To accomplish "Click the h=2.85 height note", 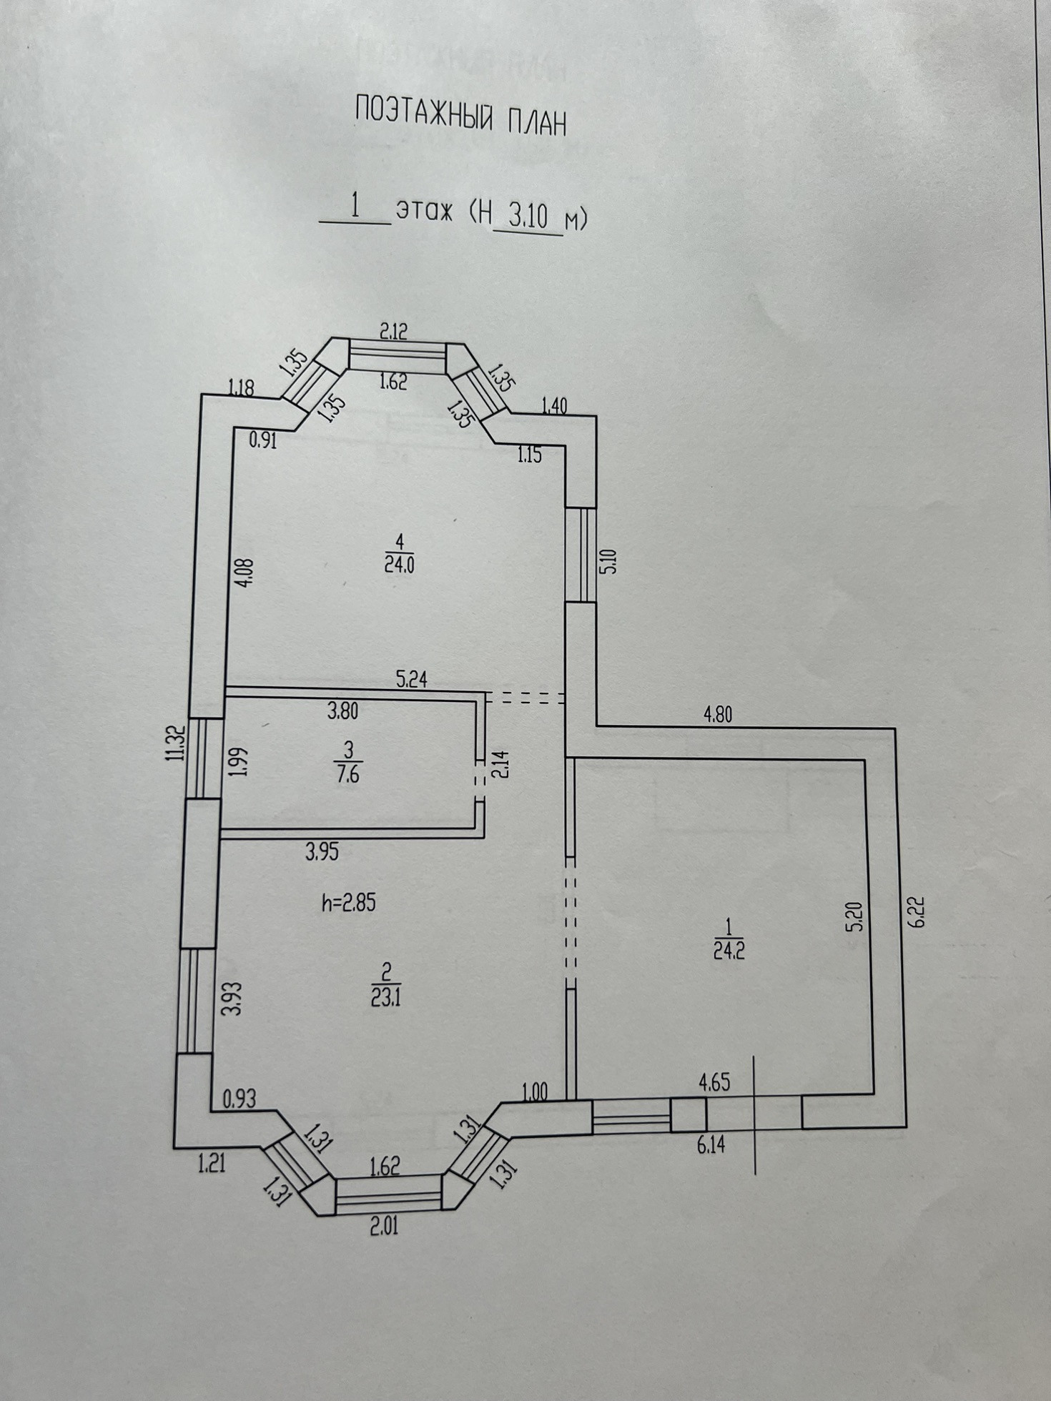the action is pyautogui.click(x=348, y=903).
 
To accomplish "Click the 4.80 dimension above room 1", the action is pyautogui.click(x=717, y=715).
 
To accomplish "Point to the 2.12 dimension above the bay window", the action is pyautogui.click(x=393, y=331).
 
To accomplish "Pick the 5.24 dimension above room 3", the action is pyautogui.click(x=412, y=679).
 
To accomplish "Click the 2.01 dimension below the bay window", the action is pyautogui.click(x=383, y=1227).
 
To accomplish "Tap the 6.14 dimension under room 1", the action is pyautogui.click(x=710, y=1144).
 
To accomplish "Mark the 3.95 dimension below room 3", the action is pyautogui.click(x=322, y=851).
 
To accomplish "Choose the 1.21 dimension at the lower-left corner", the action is pyautogui.click(x=212, y=1164).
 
